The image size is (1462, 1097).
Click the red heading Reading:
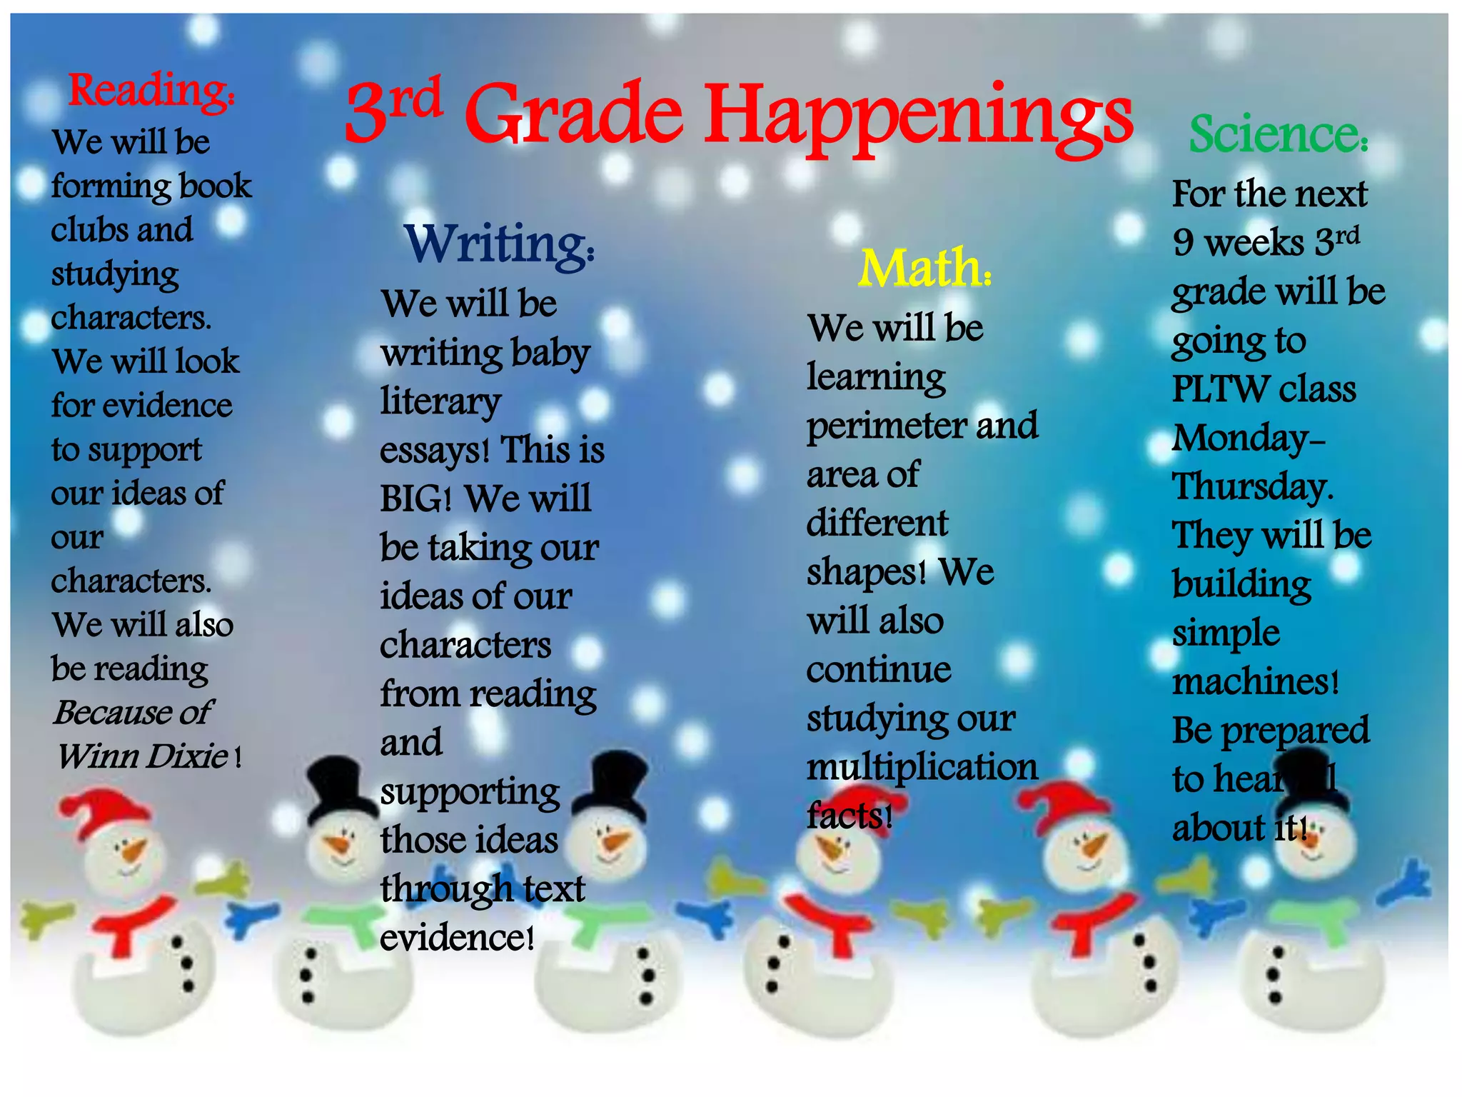[151, 91]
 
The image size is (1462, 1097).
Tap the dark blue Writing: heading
[499, 245]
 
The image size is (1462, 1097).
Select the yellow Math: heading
[924, 269]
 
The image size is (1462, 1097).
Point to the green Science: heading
[1278, 134]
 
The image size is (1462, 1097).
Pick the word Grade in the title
[575, 114]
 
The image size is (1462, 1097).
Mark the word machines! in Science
[1255, 682]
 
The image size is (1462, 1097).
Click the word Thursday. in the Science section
[1253, 488]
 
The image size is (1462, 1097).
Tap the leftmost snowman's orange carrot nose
[132, 851]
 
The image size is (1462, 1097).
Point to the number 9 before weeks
[1183, 243]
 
